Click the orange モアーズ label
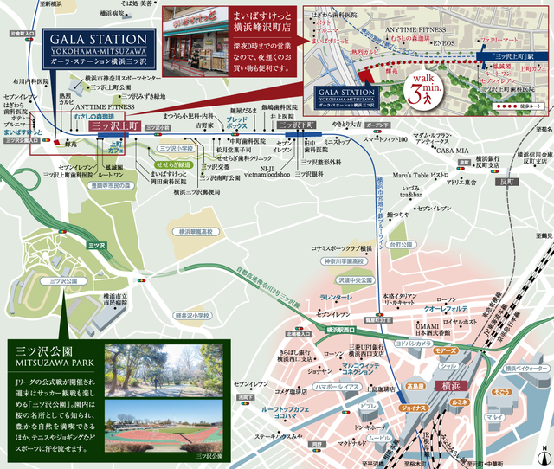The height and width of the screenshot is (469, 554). [x=446, y=352]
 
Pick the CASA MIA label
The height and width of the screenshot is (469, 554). [x=451, y=151]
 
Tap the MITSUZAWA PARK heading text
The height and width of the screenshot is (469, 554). [x=54, y=364]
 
